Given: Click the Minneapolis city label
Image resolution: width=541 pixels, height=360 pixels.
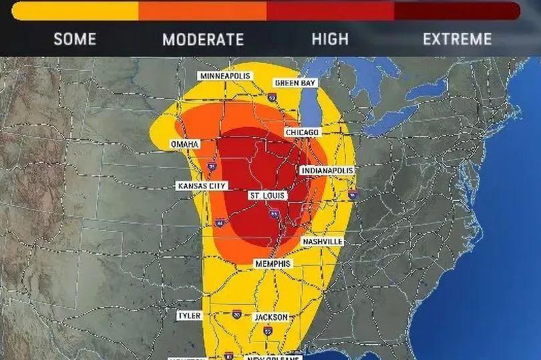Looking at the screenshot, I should point(225,76).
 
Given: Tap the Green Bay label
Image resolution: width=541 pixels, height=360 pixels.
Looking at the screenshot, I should point(295,83).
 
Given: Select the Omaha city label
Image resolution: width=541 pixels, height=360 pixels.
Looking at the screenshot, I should point(185,144).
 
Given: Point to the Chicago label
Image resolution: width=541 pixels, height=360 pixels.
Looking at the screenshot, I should point(303,133).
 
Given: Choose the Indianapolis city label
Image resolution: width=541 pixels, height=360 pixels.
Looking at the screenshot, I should point(327,171).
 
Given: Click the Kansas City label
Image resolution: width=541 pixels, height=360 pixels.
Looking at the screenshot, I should point(202,186).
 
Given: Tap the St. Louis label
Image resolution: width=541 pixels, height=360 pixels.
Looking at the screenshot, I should point(267,196).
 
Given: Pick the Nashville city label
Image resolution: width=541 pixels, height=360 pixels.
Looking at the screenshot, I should point(323,241).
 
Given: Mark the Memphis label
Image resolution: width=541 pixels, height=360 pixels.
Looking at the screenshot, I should point(273,264).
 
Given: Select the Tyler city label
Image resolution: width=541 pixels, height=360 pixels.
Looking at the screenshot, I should point(189,315).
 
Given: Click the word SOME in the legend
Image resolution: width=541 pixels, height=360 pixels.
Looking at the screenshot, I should point(75,39).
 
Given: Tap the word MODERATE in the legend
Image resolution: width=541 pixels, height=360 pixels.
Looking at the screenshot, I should point(203,39).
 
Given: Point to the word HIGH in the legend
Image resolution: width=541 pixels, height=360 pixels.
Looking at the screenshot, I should point(330,39).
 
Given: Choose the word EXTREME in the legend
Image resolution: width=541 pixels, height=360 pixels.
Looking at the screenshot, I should point(458,39).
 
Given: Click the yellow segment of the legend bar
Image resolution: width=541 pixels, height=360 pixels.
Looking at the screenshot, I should point(75,11).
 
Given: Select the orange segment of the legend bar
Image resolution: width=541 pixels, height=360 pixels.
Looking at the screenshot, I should point(202,11).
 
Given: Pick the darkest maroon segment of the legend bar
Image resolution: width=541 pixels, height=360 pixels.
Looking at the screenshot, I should point(458,11).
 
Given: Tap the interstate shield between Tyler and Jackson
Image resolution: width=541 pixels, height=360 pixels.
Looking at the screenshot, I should point(237,313).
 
